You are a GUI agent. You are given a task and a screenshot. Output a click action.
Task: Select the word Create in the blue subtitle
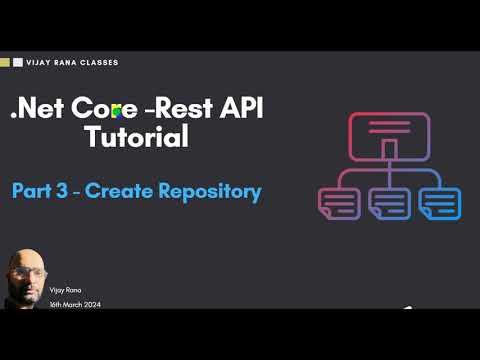tap(115, 191)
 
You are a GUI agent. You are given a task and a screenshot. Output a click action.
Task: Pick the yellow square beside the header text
tap(6, 62)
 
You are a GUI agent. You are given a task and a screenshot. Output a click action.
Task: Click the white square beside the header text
tap(18, 62)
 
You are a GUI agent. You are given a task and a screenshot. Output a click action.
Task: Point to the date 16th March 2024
tap(75, 303)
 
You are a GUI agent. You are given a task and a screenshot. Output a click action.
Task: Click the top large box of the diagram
tap(388, 133)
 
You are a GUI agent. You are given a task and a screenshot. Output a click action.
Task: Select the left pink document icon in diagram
tap(337, 203)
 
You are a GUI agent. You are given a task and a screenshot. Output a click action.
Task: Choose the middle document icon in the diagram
tap(388, 203)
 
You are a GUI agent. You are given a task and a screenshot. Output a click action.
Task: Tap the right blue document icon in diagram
tap(440, 203)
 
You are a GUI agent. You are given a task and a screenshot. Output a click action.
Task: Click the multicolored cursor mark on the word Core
tap(118, 111)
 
